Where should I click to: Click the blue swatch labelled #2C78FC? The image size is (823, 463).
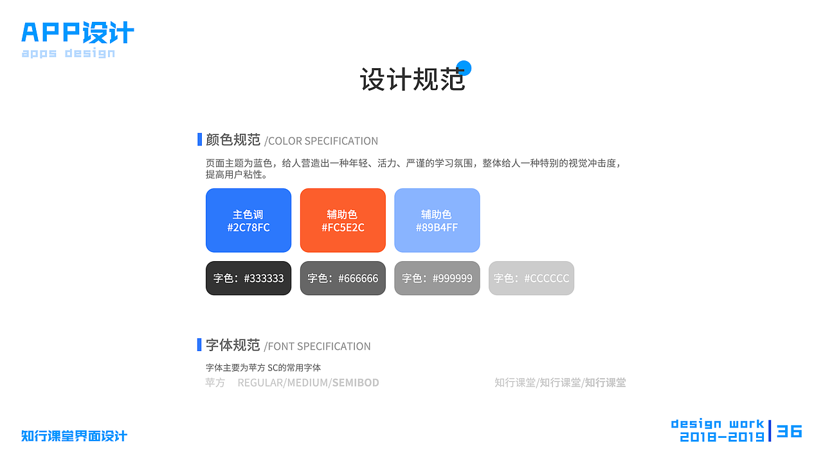pos(248,221)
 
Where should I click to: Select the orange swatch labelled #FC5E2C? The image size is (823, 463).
pos(343,221)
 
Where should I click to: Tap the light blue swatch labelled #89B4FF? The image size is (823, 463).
pos(437,221)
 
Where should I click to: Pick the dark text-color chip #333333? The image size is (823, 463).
pos(248,278)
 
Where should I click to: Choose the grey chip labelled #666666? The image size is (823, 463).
pos(343,278)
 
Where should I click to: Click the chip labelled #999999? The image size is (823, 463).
pos(437,278)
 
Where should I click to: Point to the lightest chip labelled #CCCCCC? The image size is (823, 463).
pos(531,278)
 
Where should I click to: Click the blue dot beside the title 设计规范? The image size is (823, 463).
pos(464,68)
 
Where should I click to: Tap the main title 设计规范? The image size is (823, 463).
pos(411,80)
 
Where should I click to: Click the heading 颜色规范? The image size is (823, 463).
pos(233,140)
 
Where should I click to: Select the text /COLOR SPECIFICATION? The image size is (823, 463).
pos(321,141)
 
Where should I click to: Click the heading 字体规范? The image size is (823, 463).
pos(233,345)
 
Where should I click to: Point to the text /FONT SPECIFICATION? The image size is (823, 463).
pos(318,346)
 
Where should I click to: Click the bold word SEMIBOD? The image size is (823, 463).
pos(356,383)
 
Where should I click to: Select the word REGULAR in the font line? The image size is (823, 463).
pos(260,383)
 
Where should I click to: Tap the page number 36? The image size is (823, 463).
pos(790,431)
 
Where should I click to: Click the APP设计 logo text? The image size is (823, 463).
pos(78,32)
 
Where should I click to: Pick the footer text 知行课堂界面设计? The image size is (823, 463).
pos(74,436)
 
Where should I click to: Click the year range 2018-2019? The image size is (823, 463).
pos(722,437)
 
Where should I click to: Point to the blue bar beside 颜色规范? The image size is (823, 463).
pos(199,140)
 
